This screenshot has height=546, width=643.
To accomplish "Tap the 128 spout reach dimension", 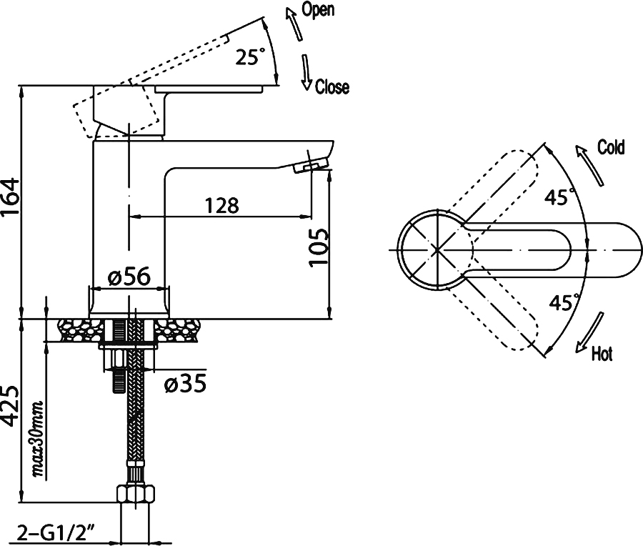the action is (x=222, y=205).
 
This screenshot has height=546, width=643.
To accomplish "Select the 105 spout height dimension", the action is (x=319, y=247).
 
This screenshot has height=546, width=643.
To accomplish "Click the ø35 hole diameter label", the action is (x=185, y=384).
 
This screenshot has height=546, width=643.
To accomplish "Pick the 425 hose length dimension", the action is (x=10, y=405).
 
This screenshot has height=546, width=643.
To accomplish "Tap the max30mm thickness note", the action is (x=38, y=439).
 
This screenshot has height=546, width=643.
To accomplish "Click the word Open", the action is (x=318, y=9).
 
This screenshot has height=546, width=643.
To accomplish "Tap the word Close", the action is (x=332, y=87).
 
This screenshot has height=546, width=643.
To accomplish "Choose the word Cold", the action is (x=611, y=147).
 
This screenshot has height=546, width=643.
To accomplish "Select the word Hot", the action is (x=602, y=354).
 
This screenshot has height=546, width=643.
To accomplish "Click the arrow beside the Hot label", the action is (x=589, y=332).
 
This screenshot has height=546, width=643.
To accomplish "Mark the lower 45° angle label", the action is (x=564, y=302).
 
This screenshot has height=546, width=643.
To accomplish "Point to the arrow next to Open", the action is (x=294, y=25).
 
